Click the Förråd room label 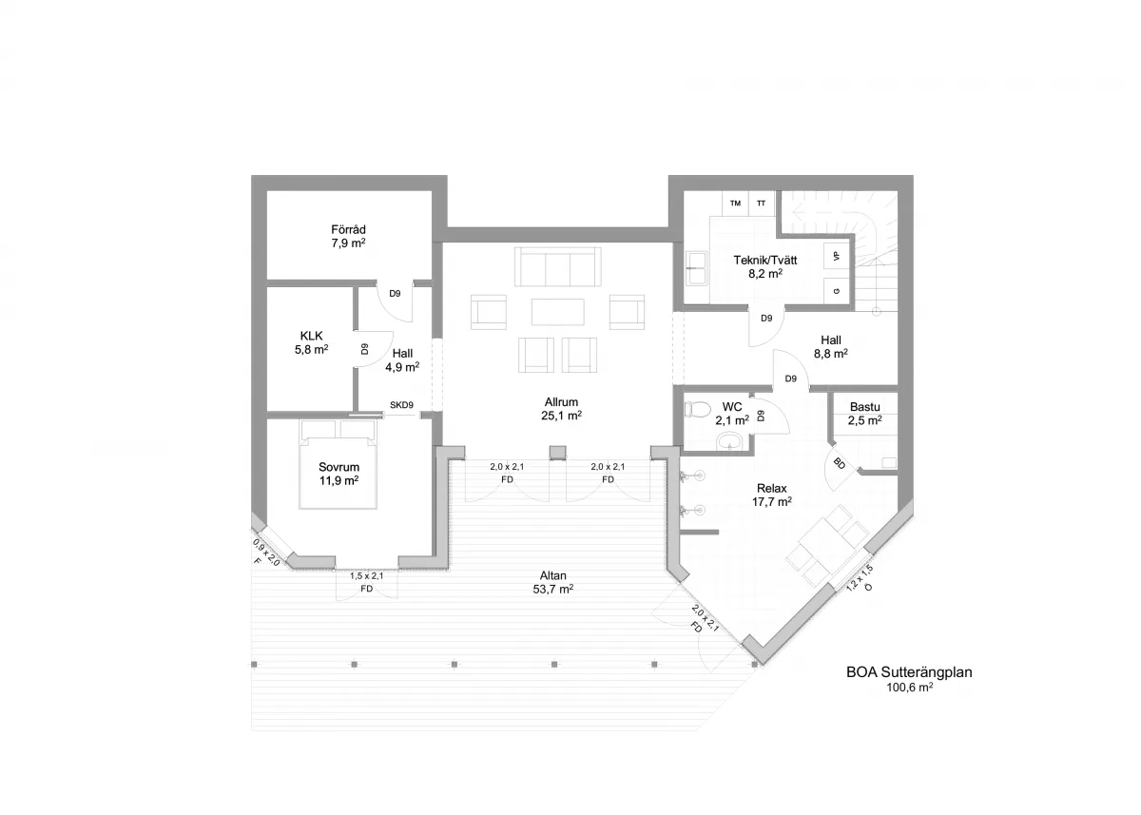pos(348,230)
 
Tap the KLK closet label pos(311,337)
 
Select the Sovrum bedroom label pos(338,467)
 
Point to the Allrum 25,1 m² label pos(561,409)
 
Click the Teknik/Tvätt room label pos(765,261)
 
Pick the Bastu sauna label pos(865,407)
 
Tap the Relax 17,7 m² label pos(772,495)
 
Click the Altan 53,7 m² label pos(553,582)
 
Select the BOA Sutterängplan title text pos(909,672)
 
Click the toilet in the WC pos(697,409)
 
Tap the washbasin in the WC pos(730,441)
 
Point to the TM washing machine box pos(735,204)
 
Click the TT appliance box pos(762,204)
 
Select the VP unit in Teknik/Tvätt pos(837,256)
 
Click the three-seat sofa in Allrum pos(558,266)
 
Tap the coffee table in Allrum pos(558,312)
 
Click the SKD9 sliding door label pos(401,405)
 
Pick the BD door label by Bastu pos(840,463)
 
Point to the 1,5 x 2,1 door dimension pos(366,576)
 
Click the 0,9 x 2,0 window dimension pos(266,553)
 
